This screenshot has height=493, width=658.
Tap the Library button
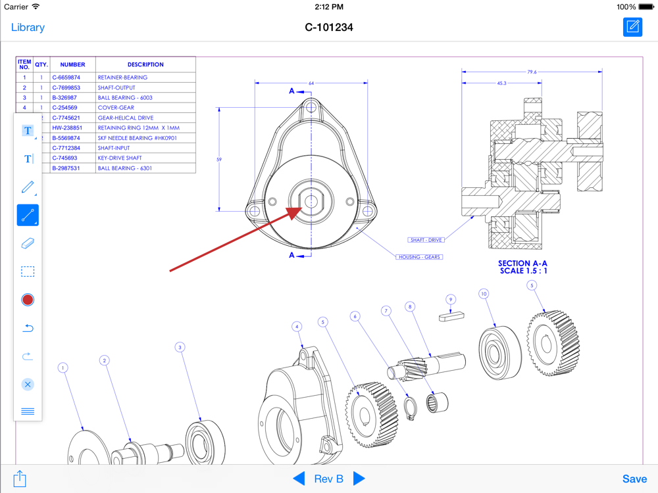pyautogui.click(x=28, y=28)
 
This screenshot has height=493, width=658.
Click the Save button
pyautogui.click(x=634, y=479)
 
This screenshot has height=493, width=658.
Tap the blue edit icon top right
pyautogui.click(x=632, y=27)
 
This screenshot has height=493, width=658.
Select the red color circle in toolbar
pyautogui.click(x=28, y=300)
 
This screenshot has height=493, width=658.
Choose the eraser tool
pyautogui.click(x=28, y=243)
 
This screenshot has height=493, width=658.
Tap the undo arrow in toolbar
pyautogui.click(x=28, y=328)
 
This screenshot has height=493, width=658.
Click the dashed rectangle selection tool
pyautogui.click(x=28, y=271)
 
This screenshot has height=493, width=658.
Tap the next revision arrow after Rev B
pyautogui.click(x=359, y=479)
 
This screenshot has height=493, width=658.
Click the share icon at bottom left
pyautogui.click(x=20, y=479)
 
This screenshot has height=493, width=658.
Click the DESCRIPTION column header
pyautogui.click(x=145, y=64)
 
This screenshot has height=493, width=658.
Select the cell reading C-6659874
pyautogui.click(x=66, y=78)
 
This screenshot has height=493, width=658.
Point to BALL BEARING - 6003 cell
pyautogui.click(x=125, y=98)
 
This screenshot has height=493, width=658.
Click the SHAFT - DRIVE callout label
pyautogui.click(x=426, y=240)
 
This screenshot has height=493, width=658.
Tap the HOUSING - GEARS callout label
pyautogui.click(x=419, y=257)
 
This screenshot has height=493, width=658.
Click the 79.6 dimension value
pyautogui.click(x=532, y=72)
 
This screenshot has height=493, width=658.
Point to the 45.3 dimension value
pyautogui.click(x=502, y=83)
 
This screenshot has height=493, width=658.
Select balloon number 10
pyautogui.click(x=484, y=294)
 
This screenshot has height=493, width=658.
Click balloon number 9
pyautogui.click(x=451, y=300)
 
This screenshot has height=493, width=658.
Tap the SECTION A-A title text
pyautogui.click(x=523, y=263)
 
